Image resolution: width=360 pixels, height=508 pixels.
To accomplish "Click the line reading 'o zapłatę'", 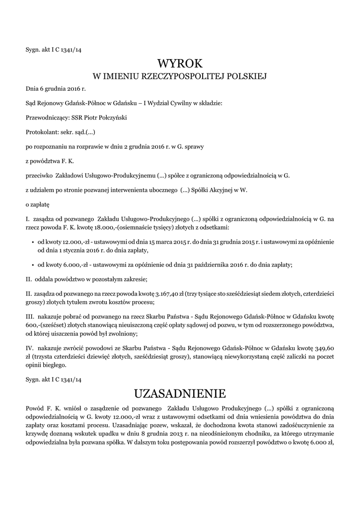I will click(37, 204).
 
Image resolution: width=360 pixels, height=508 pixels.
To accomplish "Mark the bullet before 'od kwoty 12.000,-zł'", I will click(32, 242).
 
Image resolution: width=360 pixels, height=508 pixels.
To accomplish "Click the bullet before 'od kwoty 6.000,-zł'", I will click(32, 265).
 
